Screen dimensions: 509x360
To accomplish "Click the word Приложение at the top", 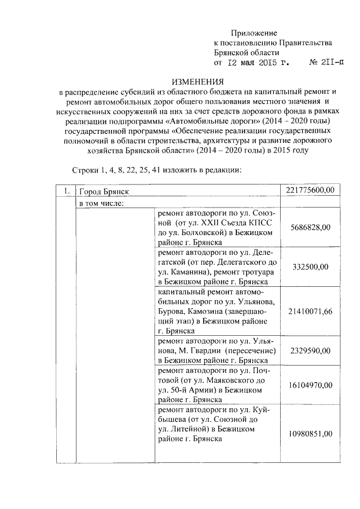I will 254,34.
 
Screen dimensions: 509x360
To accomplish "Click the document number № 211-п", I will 327,63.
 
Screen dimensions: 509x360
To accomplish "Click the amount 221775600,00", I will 310,192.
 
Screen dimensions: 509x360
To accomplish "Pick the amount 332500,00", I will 310,267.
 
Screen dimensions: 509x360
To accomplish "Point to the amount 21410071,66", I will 310,311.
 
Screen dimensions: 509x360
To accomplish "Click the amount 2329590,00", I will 310,350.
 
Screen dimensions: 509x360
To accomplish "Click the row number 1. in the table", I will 66,192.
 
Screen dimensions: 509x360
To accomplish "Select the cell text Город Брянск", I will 104,192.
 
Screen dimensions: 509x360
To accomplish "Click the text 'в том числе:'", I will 102,202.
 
